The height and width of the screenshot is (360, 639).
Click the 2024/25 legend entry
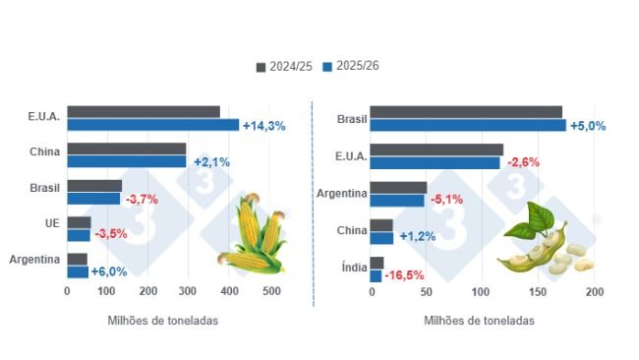pyautogui.click(x=283, y=66)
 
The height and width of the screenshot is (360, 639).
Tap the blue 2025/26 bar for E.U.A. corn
pyautogui.click(x=152, y=125)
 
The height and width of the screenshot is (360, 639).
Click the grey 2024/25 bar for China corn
pyautogui.click(x=126, y=149)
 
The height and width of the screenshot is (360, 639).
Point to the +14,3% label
pyautogui.click(x=263, y=126)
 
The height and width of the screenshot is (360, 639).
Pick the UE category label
pyautogui.click(x=52, y=223)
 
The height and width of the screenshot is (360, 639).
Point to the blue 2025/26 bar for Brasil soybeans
pyautogui.click(x=468, y=126)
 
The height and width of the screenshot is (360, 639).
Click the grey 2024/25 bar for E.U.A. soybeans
pyautogui.click(x=436, y=150)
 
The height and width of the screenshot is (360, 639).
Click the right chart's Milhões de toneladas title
pyautogui.click(x=481, y=320)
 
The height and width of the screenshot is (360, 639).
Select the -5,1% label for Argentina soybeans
pyautogui.click(x=447, y=199)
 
